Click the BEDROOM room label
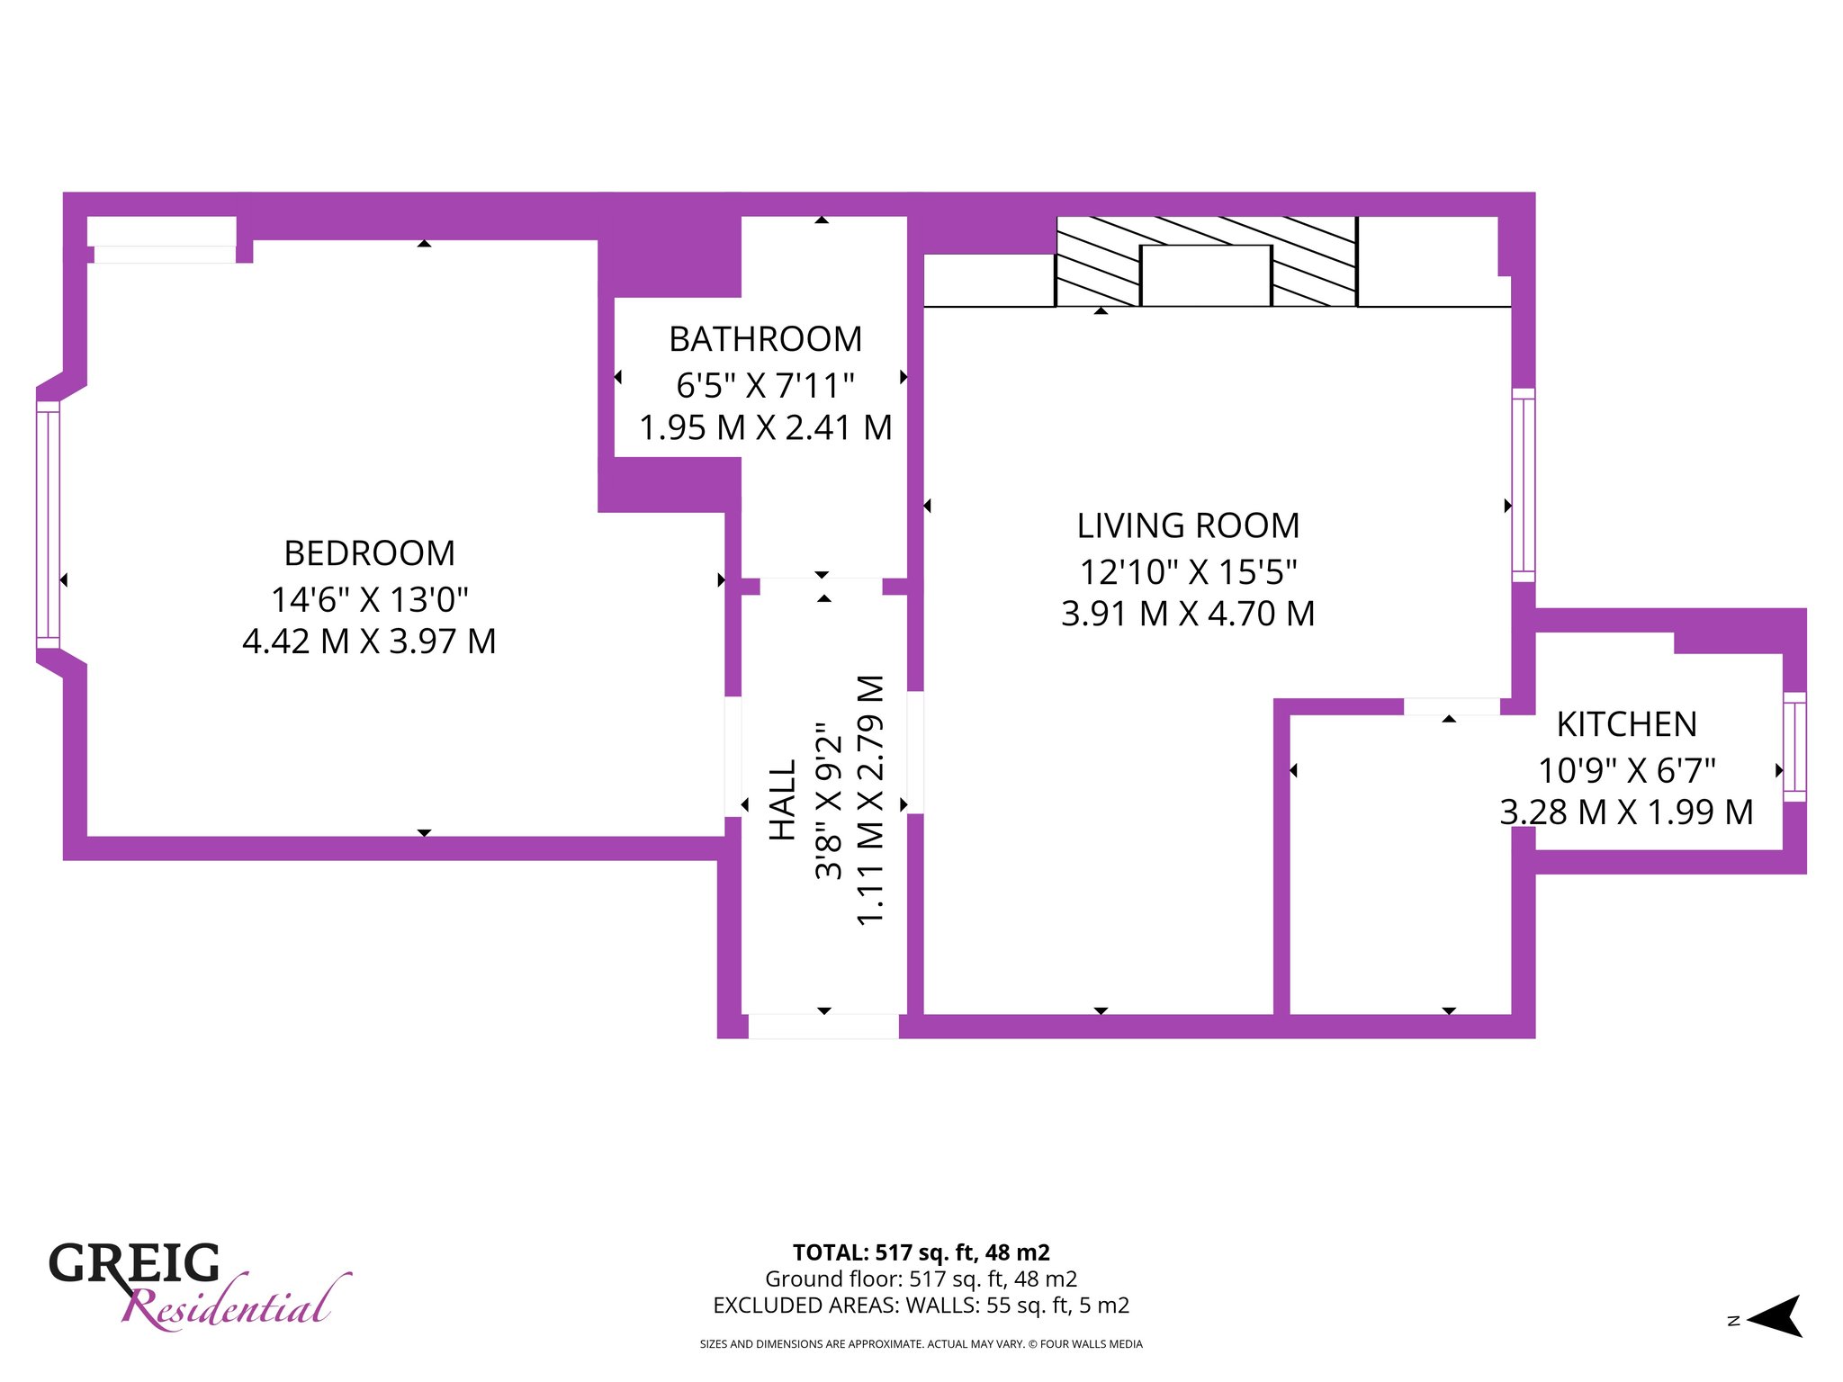point(369,553)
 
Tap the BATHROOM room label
point(766,339)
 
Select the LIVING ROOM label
point(1188,525)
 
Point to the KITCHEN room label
point(1627,724)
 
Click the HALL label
point(783,800)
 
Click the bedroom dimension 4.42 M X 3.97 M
point(369,642)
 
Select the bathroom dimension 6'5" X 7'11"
point(766,385)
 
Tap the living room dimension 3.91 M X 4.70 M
point(1188,614)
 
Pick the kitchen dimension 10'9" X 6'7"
point(1627,770)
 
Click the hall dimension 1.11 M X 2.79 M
point(870,800)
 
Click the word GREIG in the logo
point(134,1263)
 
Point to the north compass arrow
point(1774,1316)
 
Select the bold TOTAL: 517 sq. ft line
point(921,1252)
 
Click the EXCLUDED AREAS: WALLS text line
point(921,1306)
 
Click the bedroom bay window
point(48,525)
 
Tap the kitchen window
point(1794,747)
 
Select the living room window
point(1524,485)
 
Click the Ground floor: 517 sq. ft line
point(921,1279)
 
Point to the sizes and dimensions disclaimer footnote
point(921,1344)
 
